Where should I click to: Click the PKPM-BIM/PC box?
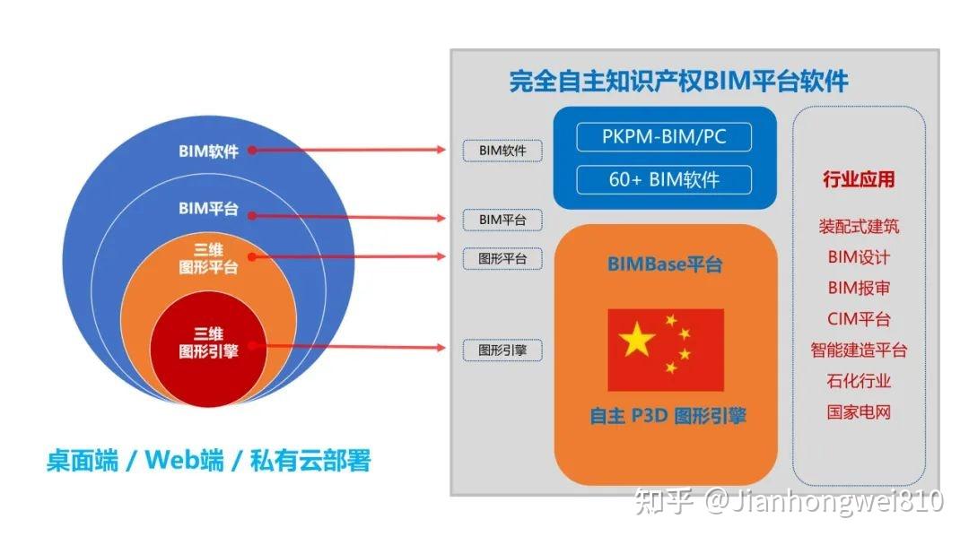click(663, 138)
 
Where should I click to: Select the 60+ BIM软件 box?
click(663, 179)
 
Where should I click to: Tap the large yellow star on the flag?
click(638, 340)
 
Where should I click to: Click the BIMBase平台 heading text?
click(665, 264)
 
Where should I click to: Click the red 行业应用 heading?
click(859, 178)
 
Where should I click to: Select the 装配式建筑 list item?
click(859, 227)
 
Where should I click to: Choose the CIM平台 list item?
click(859, 319)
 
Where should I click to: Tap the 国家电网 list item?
click(859, 412)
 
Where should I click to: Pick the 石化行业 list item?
click(859, 381)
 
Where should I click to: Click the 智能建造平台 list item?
click(859, 350)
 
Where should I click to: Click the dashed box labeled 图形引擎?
click(502, 350)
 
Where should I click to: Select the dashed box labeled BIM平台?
click(502, 220)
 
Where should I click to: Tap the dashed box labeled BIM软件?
click(502, 151)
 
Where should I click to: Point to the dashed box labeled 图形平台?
click(502, 259)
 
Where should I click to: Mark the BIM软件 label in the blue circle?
click(208, 151)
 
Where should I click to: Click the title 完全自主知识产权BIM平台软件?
click(678, 82)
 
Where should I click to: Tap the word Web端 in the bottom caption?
click(184, 461)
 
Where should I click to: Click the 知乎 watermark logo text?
click(663, 501)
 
